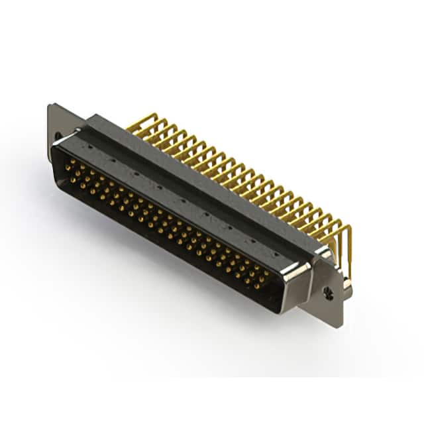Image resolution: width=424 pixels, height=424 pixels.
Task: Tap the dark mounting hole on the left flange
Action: [58, 137]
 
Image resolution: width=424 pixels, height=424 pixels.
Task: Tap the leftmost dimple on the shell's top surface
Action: [89, 141]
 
